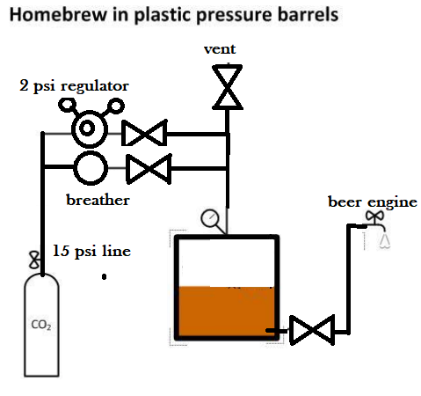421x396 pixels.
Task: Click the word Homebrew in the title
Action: click(x=59, y=15)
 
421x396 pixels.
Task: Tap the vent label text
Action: click(x=220, y=49)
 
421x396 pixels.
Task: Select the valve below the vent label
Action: click(x=228, y=87)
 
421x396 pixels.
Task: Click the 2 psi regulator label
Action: click(x=74, y=86)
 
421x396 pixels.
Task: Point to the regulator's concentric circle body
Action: click(x=90, y=128)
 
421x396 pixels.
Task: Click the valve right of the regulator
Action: click(x=144, y=133)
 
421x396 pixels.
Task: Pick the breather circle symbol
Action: click(x=91, y=168)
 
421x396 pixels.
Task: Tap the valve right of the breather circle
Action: click(x=149, y=169)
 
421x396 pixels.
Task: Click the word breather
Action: click(x=98, y=200)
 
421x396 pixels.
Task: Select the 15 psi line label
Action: click(x=91, y=251)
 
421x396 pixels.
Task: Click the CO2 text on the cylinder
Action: click(x=41, y=325)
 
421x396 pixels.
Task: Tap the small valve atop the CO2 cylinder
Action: click(x=34, y=260)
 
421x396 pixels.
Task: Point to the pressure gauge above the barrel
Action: click(x=210, y=218)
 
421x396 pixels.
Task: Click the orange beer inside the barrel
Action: click(x=227, y=311)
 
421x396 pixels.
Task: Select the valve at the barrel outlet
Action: click(x=312, y=330)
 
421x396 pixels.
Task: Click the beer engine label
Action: click(x=373, y=202)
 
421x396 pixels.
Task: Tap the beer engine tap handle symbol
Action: click(x=374, y=216)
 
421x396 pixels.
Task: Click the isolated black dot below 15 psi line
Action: click(x=104, y=276)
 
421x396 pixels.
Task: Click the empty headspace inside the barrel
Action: click(x=227, y=263)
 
